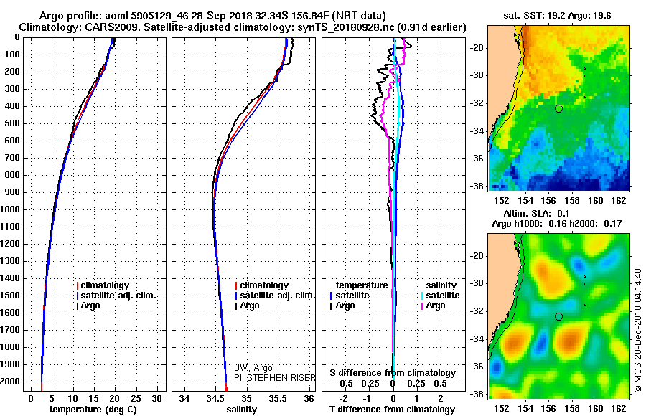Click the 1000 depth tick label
(10, 209)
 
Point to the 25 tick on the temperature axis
(136, 398)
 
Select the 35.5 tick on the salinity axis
(278, 398)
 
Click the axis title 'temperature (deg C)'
(93, 409)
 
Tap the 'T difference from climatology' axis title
(392, 409)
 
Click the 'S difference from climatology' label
(393, 373)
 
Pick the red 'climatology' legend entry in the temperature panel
(103, 285)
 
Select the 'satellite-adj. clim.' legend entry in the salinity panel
(275, 296)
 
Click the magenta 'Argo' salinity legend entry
(433, 306)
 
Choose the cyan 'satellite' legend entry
(441, 296)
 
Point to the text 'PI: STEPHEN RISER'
(275, 378)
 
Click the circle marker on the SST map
(558, 109)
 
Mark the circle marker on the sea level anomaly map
(558, 317)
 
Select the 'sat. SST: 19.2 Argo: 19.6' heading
(557, 16)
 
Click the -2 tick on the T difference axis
(343, 398)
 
